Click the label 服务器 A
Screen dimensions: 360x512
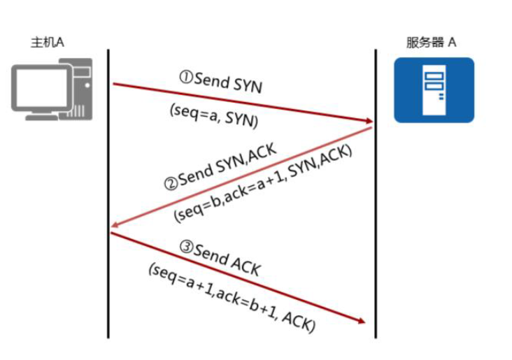(432, 43)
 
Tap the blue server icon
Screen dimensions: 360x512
(434, 89)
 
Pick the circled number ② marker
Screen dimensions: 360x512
(170, 185)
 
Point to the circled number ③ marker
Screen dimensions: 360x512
(186, 245)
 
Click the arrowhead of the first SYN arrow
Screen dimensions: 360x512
(369, 122)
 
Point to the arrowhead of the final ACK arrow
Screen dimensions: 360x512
(362, 321)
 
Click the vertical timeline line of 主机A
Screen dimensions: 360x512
(108, 280)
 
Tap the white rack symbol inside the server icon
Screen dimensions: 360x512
(434, 85)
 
